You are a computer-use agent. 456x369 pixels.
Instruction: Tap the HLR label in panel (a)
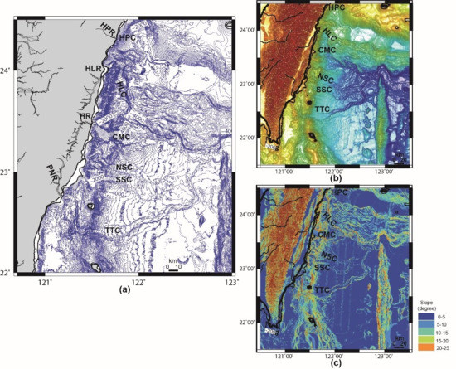pos(93,66)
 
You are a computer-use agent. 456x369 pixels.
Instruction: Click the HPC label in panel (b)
pos(337,7)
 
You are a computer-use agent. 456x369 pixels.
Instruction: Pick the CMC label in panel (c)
pos(327,235)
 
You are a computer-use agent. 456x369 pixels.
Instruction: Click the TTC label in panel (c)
pos(323,289)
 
